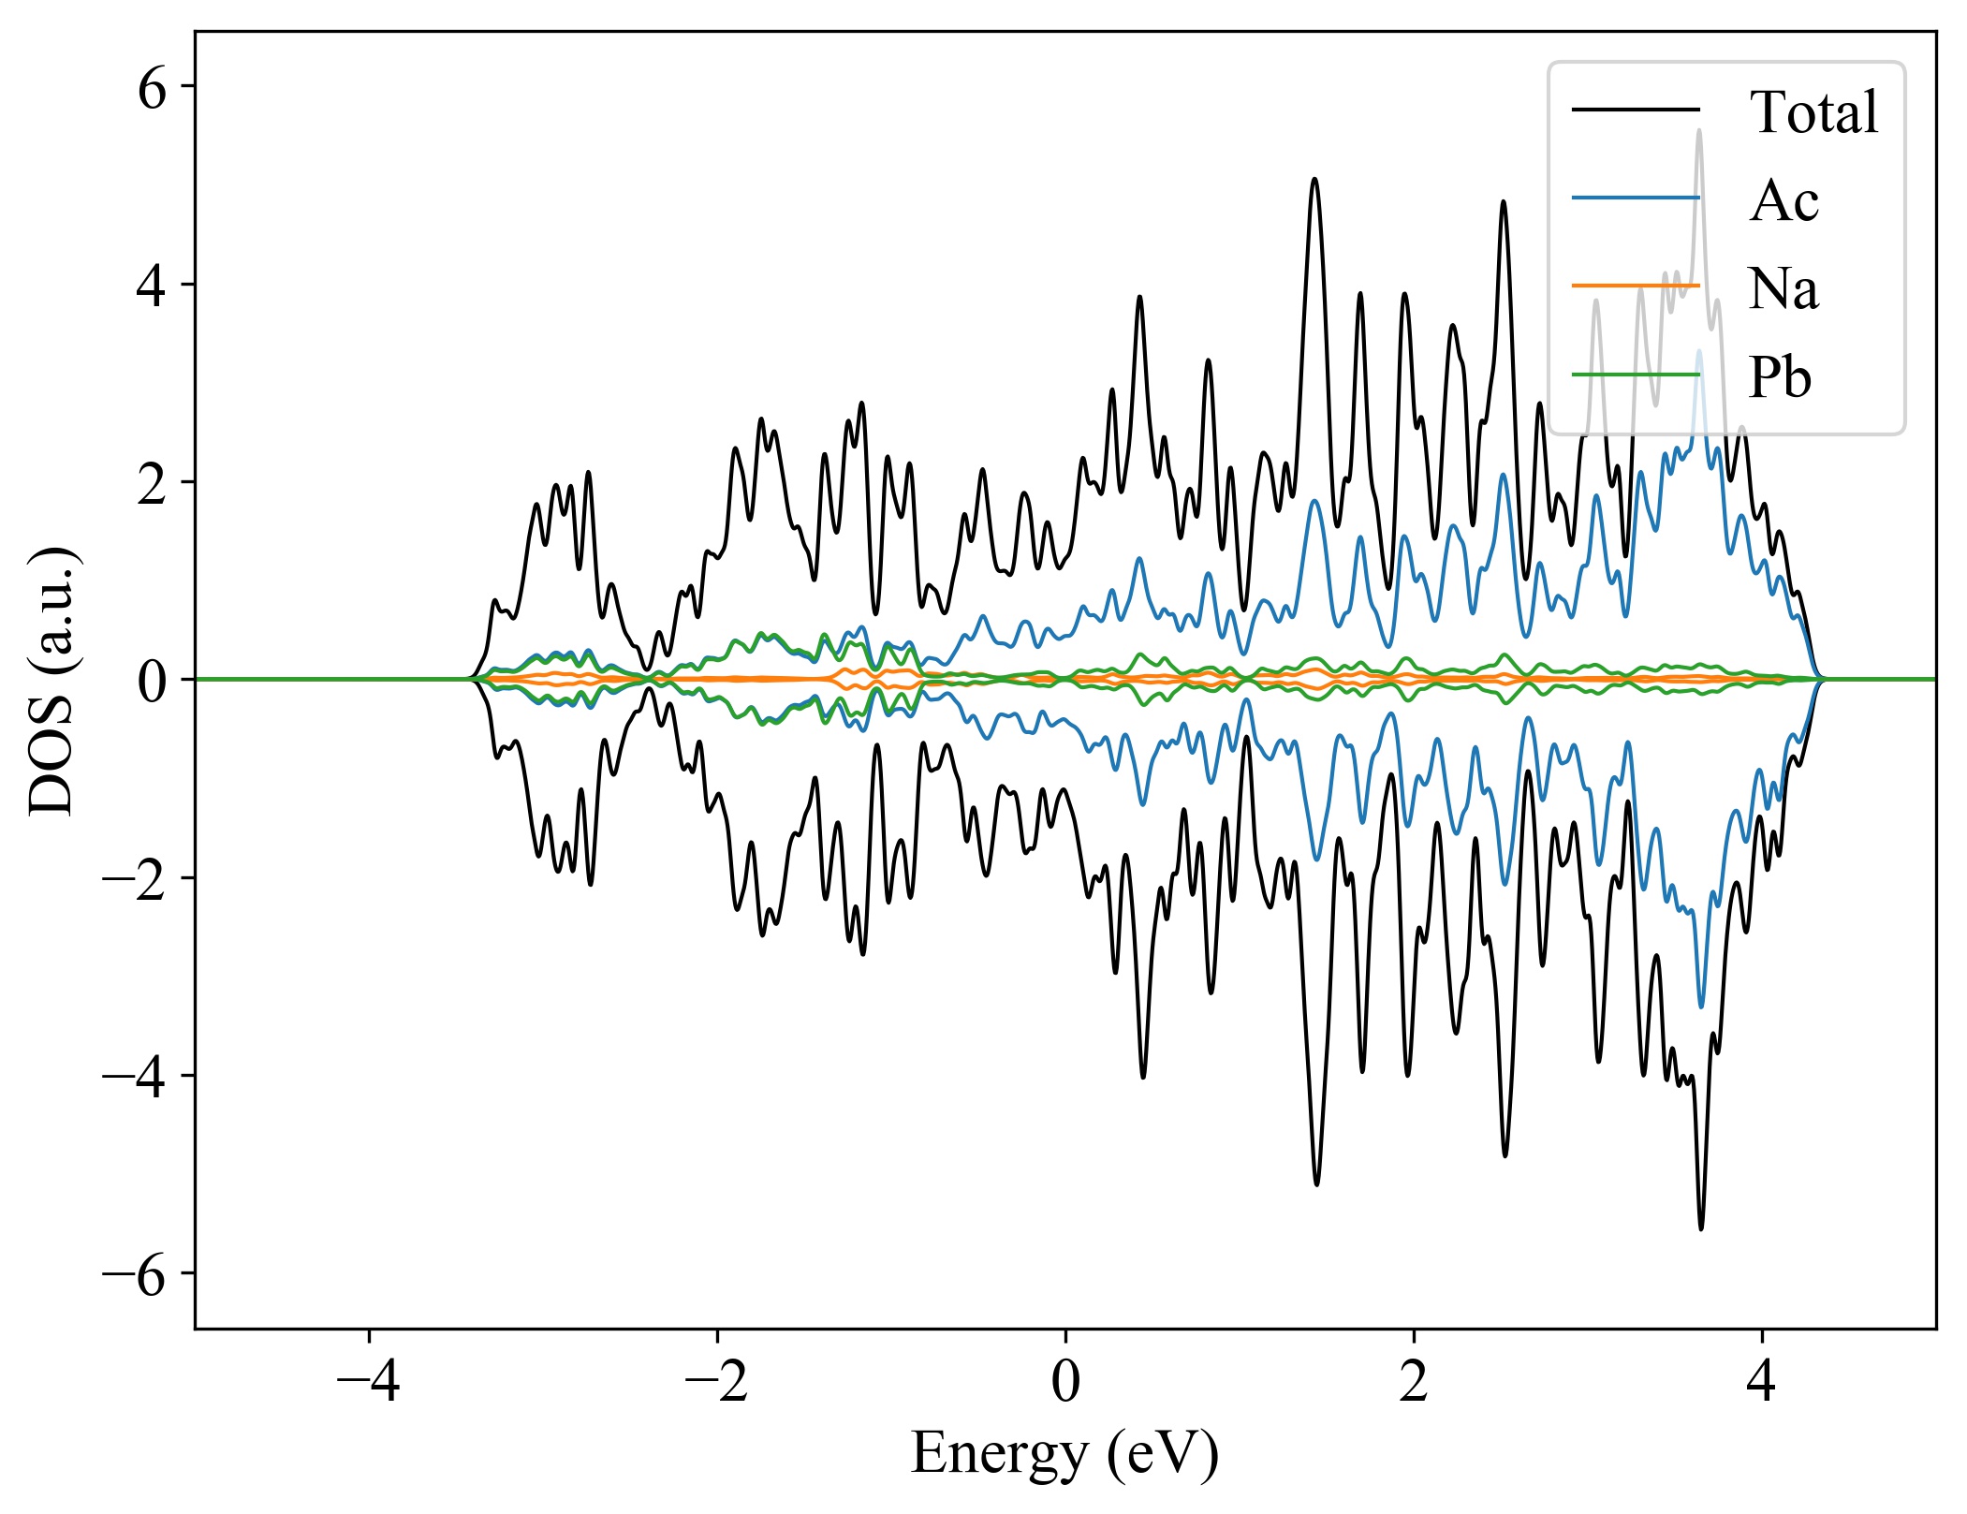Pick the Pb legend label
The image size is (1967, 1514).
click(x=1780, y=377)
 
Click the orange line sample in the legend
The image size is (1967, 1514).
click(x=1635, y=286)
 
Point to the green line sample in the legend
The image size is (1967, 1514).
click(x=1635, y=375)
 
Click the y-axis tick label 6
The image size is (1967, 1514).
click(x=152, y=90)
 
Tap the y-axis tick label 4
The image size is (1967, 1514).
click(x=152, y=287)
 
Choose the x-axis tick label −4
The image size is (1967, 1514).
click(x=369, y=1382)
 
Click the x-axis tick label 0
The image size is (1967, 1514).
click(x=1065, y=1382)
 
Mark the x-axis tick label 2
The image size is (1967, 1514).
click(x=1414, y=1382)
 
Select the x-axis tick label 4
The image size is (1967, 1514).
click(x=1762, y=1382)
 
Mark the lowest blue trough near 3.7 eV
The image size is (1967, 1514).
click(x=1701, y=1007)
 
